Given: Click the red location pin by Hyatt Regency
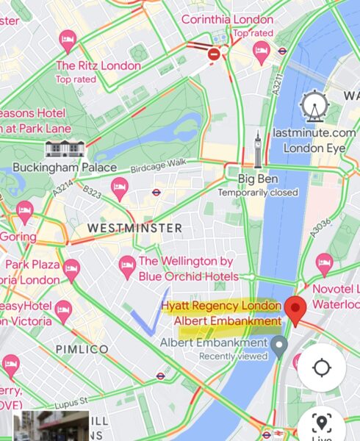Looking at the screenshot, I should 296,309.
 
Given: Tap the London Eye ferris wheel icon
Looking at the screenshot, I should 313,108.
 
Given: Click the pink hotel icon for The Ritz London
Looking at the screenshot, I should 68,40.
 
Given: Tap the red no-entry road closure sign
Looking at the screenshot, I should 214,54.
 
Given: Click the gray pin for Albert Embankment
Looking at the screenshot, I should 279,345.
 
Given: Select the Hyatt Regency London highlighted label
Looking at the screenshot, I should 221,306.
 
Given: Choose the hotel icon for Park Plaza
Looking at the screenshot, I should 71,268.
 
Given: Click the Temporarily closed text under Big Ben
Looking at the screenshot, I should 258,193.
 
